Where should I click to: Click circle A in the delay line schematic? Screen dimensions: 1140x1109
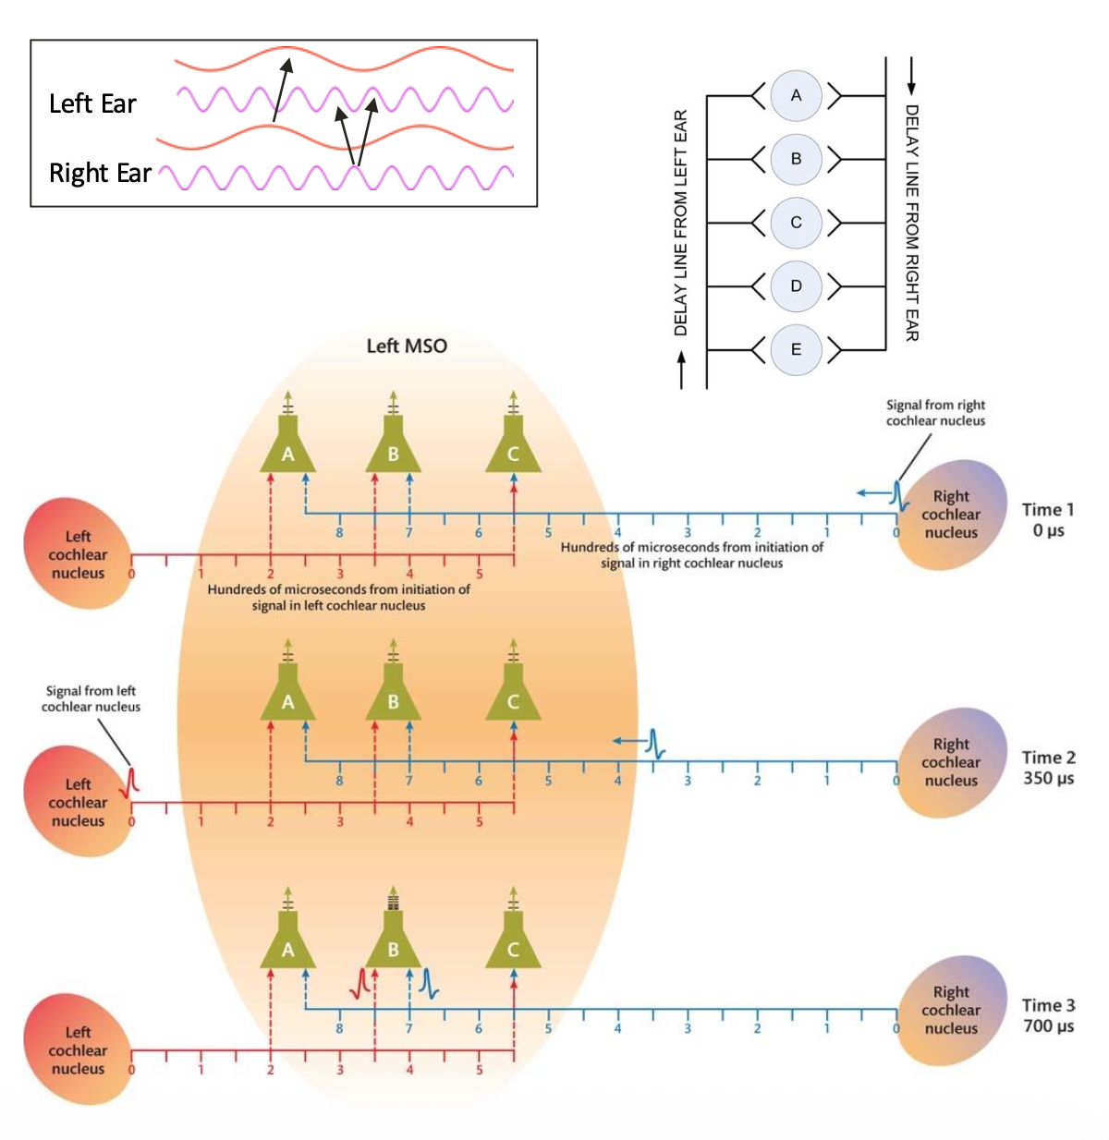(796, 95)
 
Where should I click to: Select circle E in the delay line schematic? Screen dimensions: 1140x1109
(796, 350)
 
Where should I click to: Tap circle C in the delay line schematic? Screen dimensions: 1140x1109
(796, 223)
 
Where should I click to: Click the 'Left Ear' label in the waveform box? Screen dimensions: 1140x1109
(92, 103)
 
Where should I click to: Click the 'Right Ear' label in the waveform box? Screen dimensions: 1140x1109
(100, 173)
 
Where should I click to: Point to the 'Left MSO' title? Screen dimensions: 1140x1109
(407, 346)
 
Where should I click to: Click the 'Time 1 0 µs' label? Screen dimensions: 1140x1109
(1048, 519)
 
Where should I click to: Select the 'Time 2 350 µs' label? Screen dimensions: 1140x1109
(1048, 768)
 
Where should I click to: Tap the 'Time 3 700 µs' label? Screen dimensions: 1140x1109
(1048, 1015)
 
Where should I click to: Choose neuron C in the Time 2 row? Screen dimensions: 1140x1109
(513, 698)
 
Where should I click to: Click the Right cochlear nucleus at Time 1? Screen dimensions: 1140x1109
(951, 515)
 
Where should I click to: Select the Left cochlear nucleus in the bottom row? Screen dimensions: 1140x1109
(78, 1050)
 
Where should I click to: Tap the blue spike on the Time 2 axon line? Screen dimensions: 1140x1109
(655, 743)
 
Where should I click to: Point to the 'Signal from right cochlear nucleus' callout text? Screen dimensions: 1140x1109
(935, 413)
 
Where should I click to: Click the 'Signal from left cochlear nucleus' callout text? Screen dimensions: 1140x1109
(91, 698)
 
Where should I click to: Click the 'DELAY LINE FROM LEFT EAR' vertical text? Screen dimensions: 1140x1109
(681, 223)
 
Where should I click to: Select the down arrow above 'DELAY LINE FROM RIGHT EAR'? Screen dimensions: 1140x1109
(911, 76)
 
